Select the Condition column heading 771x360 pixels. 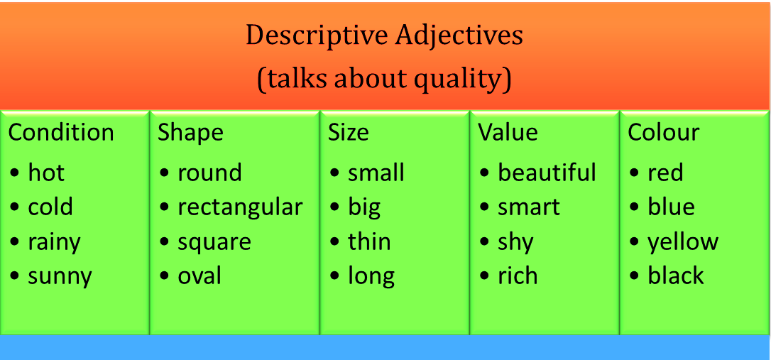(61, 133)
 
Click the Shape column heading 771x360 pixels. (190, 133)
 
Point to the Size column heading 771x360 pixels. (348, 133)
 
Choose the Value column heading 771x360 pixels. (508, 133)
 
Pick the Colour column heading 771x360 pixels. (663, 133)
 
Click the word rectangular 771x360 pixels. (240, 207)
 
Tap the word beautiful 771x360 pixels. (547, 173)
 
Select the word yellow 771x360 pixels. (683, 242)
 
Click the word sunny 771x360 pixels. (60, 277)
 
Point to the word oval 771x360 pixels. (199, 276)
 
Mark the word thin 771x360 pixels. (369, 241)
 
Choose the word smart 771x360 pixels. (529, 207)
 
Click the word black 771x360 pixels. (676, 276)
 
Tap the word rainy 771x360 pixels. (54, 242)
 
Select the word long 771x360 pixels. (371, 276)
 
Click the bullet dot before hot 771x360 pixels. (15, 173)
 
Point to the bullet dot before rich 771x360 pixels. (485, 276)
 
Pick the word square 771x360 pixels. (214, 242)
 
